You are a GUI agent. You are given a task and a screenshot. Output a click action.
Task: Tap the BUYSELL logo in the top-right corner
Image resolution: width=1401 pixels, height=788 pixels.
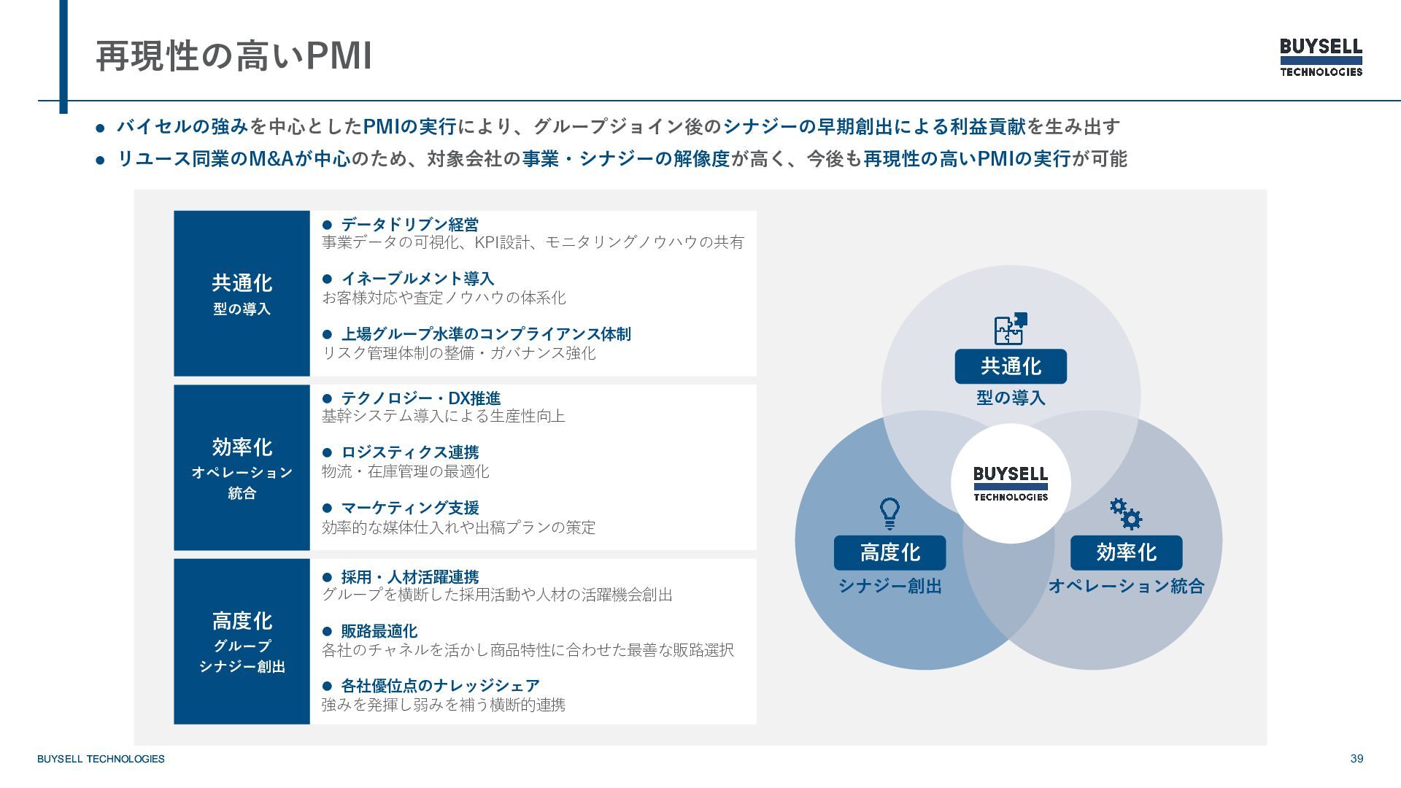tap(1321, 57)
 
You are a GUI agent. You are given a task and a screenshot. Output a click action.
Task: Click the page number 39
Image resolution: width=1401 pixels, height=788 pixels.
tap(1356, 759)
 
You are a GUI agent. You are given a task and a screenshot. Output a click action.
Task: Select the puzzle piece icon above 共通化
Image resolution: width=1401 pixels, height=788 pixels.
tap(1011, 329)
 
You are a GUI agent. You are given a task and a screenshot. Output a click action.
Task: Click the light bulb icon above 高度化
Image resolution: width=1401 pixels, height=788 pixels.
tap(889, 514)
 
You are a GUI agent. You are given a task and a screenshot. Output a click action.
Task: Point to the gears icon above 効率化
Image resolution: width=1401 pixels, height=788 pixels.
tap(1126, 514)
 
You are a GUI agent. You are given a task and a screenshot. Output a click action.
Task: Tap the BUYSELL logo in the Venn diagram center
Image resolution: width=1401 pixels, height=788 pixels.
tap(1011, 484)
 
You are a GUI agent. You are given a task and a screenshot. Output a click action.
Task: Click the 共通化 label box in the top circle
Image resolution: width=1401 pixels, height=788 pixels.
tap(1011, 366)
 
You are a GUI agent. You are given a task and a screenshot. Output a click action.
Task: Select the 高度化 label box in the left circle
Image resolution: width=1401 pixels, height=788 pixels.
tap(889, 553)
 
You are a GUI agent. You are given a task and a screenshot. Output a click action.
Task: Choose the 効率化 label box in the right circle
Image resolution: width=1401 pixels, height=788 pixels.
tap(1126, 553)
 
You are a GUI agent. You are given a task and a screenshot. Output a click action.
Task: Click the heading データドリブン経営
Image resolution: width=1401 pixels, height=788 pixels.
tap(409, 224)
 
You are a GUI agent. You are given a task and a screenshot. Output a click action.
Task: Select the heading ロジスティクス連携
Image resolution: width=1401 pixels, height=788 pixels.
tap(409, 452)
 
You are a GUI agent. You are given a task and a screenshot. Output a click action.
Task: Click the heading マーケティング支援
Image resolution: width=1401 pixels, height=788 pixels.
tap(409, 507)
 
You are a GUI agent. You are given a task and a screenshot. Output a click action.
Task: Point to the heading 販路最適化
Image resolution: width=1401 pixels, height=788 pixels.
tap(379, 631)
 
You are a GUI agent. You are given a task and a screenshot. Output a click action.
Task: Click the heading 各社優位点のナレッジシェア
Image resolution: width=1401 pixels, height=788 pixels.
tap(440, 686)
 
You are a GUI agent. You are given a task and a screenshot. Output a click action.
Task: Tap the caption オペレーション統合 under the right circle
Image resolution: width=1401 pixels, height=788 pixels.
tap(1126, 586)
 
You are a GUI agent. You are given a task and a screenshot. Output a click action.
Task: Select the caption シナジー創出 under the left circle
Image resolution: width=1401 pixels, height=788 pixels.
tap(889, 586)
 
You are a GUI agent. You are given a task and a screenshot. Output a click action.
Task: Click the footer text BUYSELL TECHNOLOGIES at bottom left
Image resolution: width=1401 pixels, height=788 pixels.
tap(101, 759)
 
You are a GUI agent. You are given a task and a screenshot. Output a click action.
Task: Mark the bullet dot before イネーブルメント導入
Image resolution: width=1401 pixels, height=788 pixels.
tap(327, 279)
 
